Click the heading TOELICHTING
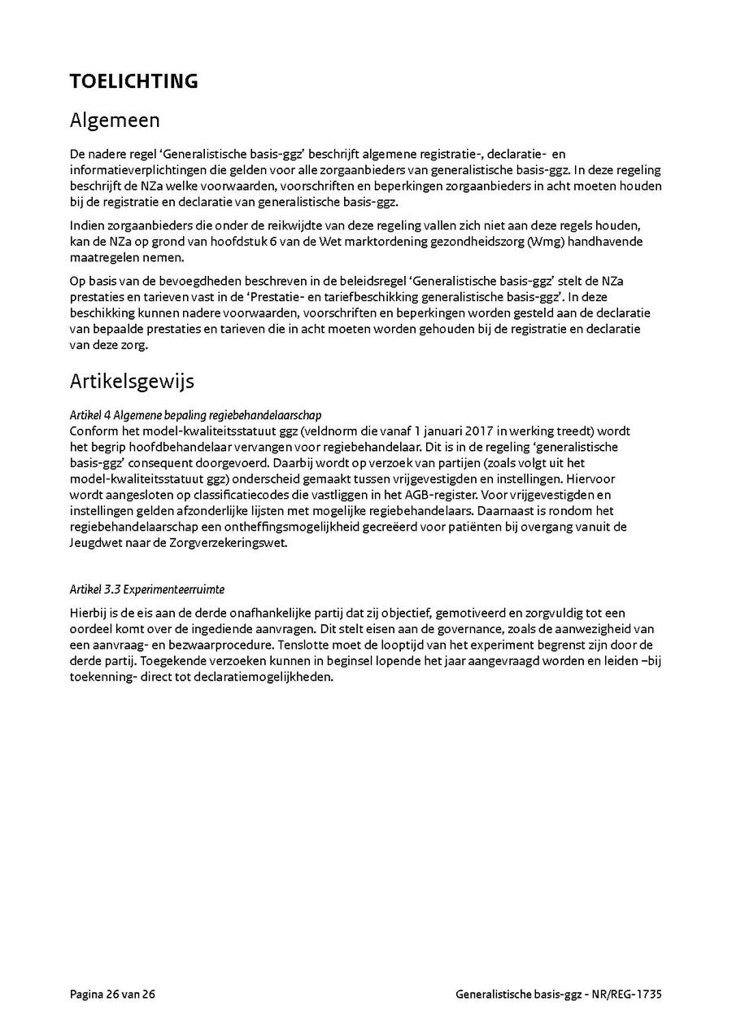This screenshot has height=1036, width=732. pyautogui.click(x=133, y=81)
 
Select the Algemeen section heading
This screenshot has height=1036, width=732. pyautogui.click(x=115, y=120)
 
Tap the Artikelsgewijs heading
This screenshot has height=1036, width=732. pyautogui.click(x=132, y=381)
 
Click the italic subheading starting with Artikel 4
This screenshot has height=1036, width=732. pyautogui.click(x=195, y=415)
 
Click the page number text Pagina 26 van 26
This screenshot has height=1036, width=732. pyautogui.click(x=112, y=994)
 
